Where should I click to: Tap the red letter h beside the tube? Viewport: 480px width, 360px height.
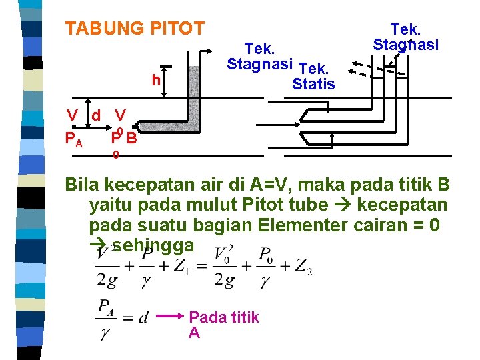(155, 81)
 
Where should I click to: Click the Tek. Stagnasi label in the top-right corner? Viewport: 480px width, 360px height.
(405, 37)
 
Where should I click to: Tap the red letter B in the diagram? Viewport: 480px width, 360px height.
(132, 139)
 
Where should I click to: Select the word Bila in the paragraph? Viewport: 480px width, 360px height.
(85, 185)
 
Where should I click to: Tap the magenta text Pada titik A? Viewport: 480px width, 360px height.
(223, 325)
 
